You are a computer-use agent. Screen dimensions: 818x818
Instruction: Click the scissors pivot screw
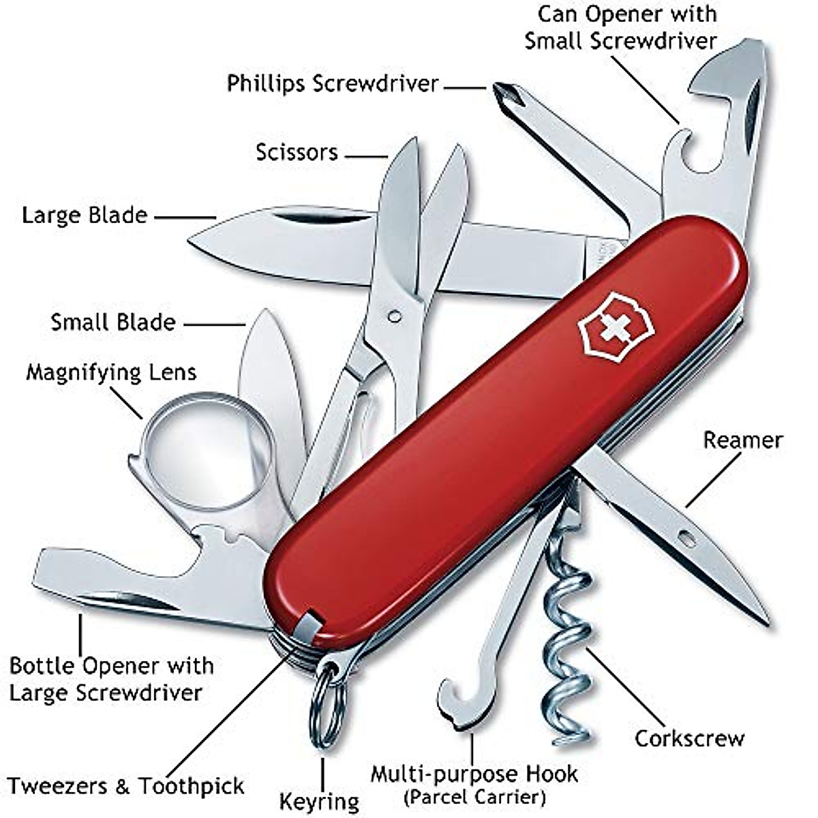click(x=393, y=316)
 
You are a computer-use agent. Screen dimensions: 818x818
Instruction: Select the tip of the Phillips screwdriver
click(x=501, y=90)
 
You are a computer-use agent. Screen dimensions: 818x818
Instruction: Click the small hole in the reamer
click(x=687, y=540)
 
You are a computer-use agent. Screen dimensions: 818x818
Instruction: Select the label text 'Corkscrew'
click(x=689, y=738)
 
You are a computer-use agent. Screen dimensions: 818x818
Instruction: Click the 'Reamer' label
click(x=742, y=440)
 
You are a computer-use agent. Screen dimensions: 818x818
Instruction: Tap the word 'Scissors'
click(x=297, y=152)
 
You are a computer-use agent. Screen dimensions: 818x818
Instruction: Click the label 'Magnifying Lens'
click(x=111, y=373)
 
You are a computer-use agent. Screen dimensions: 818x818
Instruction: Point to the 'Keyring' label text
click(x=319, y=802)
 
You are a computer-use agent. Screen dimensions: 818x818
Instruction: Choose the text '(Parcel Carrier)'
click(x=474, y=796)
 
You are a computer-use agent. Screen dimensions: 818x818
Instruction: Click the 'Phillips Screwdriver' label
click(x=333, y=84)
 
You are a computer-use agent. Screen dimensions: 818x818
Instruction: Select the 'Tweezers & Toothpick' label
click(x=125, y=786)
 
